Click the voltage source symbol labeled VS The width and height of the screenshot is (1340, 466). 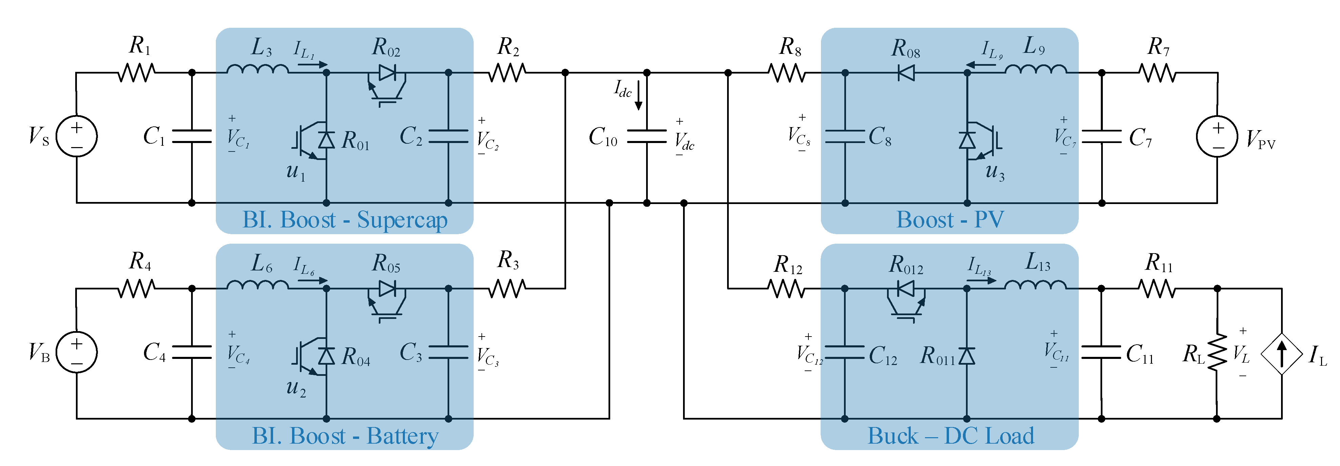pos(77,136)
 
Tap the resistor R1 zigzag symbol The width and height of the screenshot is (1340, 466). pos(136,73)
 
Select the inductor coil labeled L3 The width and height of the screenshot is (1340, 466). pos(257,69)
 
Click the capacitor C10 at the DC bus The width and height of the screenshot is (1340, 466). pos(646,136)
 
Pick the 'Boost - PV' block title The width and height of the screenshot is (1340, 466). pos(950,220)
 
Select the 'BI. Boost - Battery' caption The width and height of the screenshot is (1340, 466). pos(345,436)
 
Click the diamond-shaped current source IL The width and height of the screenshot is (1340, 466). pos(1281,354)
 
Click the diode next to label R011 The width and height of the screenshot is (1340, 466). pos(967,356)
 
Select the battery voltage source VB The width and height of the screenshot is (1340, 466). pos(77,352)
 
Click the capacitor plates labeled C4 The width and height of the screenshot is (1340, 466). pos(191,352)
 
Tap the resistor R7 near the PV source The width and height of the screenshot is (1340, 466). pos(1157,73)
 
